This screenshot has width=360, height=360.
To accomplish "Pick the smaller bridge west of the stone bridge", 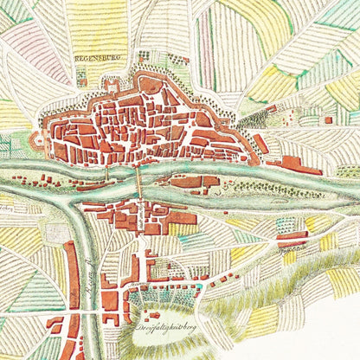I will tap(106, 174).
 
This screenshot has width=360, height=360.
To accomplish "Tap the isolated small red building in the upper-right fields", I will tap(327, 119).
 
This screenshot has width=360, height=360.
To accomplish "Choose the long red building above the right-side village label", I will tap(292, 236).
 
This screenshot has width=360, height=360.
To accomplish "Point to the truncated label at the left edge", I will tap(7, 208).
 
